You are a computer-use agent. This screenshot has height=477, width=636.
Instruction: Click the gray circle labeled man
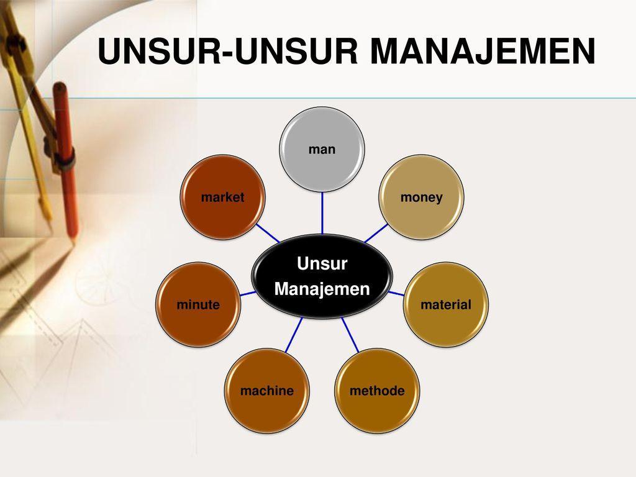(322, 149)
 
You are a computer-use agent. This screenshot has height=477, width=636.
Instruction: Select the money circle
(422, 197)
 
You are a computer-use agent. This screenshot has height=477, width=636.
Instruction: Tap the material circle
(445, 304)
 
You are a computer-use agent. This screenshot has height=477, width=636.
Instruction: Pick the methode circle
(377, 390)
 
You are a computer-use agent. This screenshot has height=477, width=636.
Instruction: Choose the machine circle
(266, 390)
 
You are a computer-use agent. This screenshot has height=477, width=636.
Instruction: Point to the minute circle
(198, 304)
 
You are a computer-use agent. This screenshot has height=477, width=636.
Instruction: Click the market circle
(222, 197)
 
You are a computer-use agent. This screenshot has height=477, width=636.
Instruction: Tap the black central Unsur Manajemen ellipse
(322, 276)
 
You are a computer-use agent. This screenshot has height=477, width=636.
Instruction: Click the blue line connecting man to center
(322, 212)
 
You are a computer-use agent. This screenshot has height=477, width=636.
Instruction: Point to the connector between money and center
(375, 233)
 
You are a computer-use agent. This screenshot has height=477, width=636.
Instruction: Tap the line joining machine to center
(294, 335)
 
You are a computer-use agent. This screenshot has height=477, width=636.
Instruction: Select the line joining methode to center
(350, 335)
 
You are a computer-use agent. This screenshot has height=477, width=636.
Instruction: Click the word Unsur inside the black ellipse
(322, 264)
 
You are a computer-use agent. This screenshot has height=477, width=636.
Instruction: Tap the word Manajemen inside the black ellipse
(322, 289)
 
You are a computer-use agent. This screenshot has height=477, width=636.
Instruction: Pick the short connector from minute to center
(248, 293)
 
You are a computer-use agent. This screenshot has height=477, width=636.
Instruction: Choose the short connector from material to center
(396, 293)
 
